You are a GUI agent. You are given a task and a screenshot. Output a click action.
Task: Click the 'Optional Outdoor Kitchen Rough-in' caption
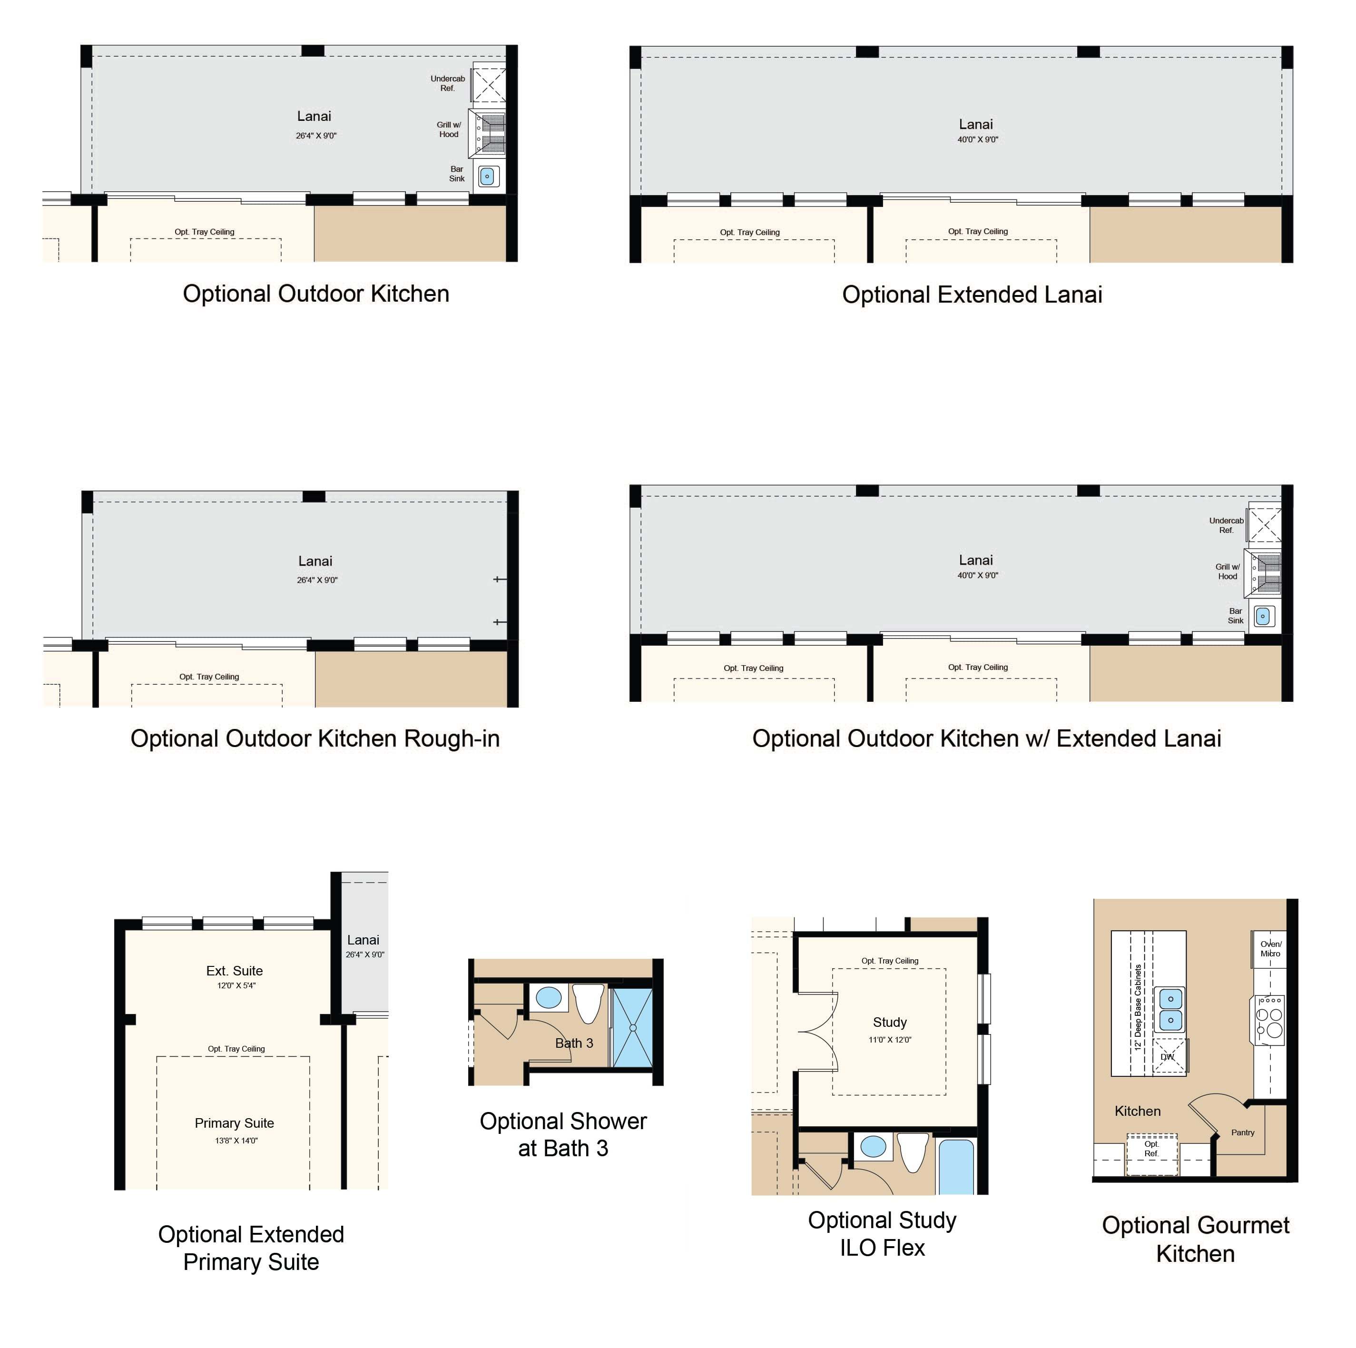click(315, 739)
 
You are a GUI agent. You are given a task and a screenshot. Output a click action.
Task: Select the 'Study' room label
click(890, 1022)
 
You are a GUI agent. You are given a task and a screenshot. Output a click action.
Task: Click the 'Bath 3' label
click(574, 1043)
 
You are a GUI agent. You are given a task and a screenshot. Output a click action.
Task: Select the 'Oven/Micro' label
click(1270, 948)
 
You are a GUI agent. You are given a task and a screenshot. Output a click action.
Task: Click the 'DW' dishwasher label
click(1167, 1057)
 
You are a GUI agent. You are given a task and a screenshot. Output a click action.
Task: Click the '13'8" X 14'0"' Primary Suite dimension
click(236, 1141)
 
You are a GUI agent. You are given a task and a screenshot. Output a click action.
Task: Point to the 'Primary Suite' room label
click(235, 1123)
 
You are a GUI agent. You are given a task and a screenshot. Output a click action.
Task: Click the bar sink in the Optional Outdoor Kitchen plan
click(488, 176)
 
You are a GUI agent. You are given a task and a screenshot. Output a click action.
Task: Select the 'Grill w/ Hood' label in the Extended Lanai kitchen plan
click(1228, 571)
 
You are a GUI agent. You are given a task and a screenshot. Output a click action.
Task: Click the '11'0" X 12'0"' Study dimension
click(890, 1040)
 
